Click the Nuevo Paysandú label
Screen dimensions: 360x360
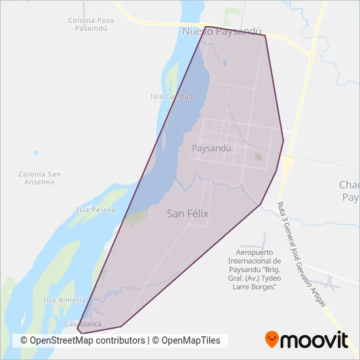222,31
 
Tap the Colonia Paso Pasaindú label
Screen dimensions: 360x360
91,24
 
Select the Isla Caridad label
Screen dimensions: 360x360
171,97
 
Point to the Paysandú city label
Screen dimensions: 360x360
211,148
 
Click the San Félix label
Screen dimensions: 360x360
188,213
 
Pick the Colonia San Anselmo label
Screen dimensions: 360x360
40,178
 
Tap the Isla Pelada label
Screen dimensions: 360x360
96,210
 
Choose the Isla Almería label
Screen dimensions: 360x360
64,300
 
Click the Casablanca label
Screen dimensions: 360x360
83,324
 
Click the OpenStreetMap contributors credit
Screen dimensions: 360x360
82,340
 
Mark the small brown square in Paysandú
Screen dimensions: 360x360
259,156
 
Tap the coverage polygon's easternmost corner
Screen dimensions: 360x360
283,139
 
